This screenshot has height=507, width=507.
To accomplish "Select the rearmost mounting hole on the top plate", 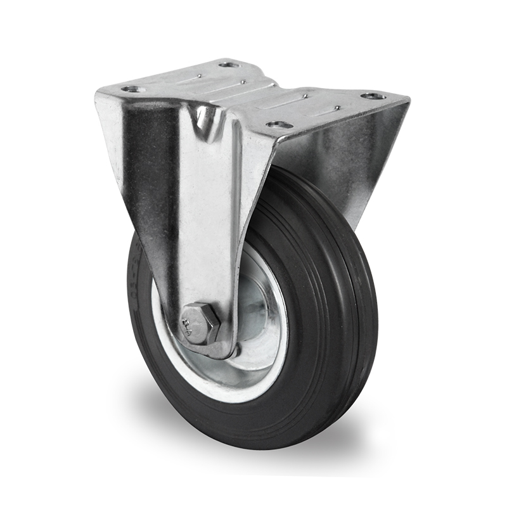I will click(229, 64).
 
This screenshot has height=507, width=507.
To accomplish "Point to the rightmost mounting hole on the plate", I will click(373, 96).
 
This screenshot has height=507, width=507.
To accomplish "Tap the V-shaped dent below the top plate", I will click(205, 117).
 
